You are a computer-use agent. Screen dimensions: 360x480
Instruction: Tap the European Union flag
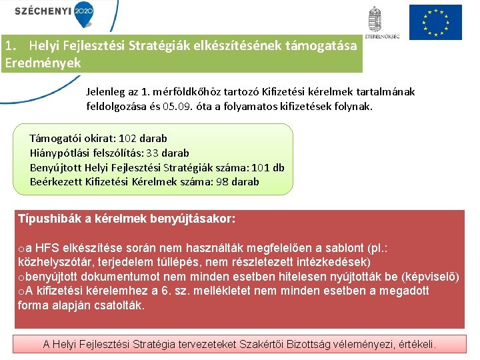[435, 22]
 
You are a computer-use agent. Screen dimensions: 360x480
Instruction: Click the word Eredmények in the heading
[42, 63]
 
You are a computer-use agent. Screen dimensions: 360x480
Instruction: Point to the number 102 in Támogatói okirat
[128, 139]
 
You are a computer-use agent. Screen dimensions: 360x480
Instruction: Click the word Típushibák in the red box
[46, 219]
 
